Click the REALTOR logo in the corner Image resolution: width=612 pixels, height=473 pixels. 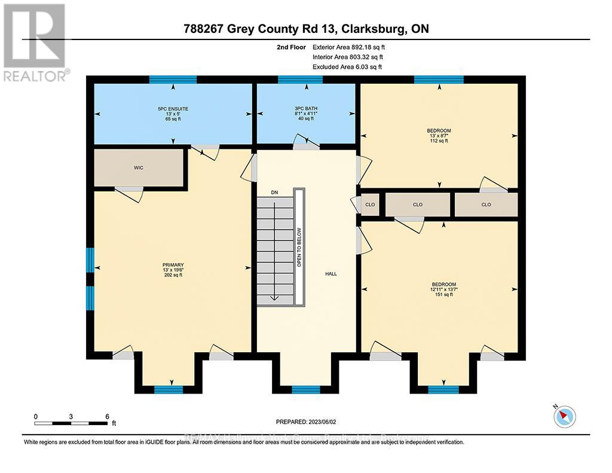pyautogui.click(x=35, y=42)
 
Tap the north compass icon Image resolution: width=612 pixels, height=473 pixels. pyautogui.click(x=565, y=416)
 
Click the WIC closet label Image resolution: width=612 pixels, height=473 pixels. pyautogui.click(x=139, y=168)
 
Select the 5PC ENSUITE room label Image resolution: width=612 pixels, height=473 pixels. pyautogui.click(x=173, y=109)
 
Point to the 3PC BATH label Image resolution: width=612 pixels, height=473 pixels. pyautogui.click(x=306, y=109)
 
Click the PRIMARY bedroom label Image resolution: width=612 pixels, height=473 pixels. pyautogui.click(x=173, y=265)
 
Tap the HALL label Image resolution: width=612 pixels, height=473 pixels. pyautogui.click(x=331, y=274)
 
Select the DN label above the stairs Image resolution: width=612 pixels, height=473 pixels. pyautogui.click(x=274, y=193)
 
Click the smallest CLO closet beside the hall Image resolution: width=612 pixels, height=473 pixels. pyautogui.click(x=370, y=205)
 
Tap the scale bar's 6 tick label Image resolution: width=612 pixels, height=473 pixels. pyautogui.click(x=107, y=416)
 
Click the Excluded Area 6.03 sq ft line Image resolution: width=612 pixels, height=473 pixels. pyautogui.click(x=347, y=67)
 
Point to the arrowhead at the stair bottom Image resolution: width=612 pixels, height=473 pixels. pyautogui.click(x=274, y=298)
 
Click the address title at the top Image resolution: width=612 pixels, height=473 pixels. pyautogui.click(x=305, y=29)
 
